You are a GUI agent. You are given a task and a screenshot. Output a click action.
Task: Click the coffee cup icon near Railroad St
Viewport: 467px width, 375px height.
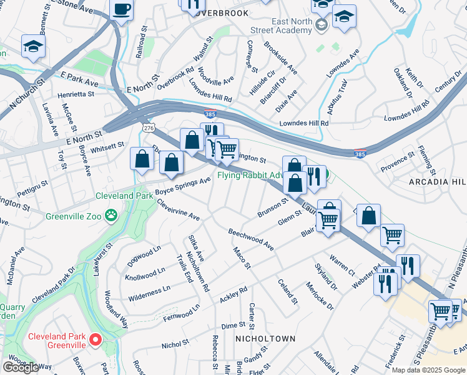tap(121, 10)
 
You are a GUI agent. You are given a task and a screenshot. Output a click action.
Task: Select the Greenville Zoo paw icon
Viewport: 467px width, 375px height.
tap(111, 215)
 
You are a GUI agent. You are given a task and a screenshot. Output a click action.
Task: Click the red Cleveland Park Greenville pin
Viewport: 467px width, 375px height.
tap(96, 339)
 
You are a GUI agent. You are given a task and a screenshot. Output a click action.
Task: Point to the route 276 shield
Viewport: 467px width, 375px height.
tap(147, 127)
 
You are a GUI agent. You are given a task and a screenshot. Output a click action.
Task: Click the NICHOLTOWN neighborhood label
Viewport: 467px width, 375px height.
tap(265, 338)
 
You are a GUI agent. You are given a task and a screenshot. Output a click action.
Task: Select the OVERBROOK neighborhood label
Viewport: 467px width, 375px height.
tap(221, 12)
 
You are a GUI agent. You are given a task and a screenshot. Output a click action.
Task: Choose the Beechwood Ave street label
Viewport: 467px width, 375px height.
tap(251, 239)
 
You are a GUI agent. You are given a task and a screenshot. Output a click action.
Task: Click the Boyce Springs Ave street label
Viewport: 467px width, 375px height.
tap(183, 186)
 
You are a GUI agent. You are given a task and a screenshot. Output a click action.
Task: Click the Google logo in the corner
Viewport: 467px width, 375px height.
tap(21, 367)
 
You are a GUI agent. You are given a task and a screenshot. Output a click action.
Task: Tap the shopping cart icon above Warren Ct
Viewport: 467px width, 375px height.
tap(392, 235)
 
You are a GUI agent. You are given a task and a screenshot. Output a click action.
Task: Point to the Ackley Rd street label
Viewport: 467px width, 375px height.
tap(234, 295)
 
